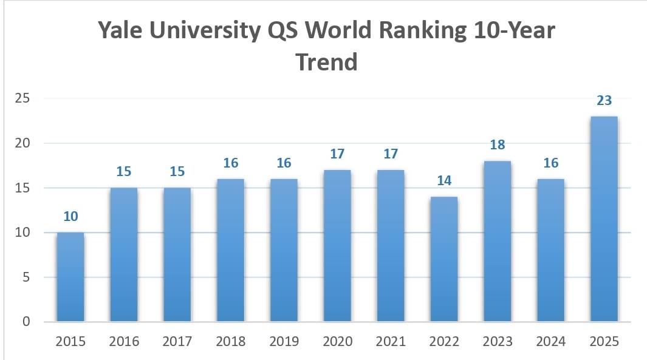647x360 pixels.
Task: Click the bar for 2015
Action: pyautogui.click(x=70, y=277)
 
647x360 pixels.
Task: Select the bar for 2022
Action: pyautogui.click(x=444, y=259)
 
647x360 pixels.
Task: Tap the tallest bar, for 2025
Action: pyautogui.click(x=604, y=219)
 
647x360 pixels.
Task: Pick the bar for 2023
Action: pyautogui.click(x=497, y=242)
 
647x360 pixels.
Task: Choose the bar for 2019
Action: pyautogui.click(x=284, y=250)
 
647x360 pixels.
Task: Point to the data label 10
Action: pyautogui.click(x=70, y=217)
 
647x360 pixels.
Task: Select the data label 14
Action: pyautogui.click(x=444, y=181)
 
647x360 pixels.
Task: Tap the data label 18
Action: pyautogui.click(x=497, y=145)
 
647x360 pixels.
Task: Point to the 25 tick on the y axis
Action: pyautogui.click(x=22, y=98)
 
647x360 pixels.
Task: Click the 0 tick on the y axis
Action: pyautogui.click(x=26, y=322)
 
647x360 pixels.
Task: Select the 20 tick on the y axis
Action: pyautogui.click(x=22, y=143)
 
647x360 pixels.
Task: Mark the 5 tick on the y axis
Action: pyautogui.click(x=26, y=277)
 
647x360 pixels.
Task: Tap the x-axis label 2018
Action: pyautogui.click(x=230, y=342)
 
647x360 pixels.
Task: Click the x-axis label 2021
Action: pyautogui.click(x=391, y=342)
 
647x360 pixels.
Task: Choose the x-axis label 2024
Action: pyautogui.click(x=550, y=342)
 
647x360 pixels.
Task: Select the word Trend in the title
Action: pyautogui.click(x=326, y=61)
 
